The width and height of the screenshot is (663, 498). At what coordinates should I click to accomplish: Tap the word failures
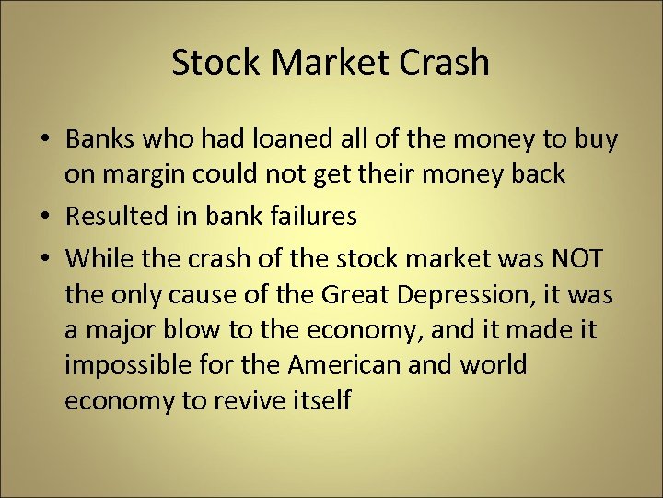(x=309, y=217)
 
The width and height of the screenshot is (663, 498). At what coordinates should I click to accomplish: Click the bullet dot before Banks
(x=45, y=141)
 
